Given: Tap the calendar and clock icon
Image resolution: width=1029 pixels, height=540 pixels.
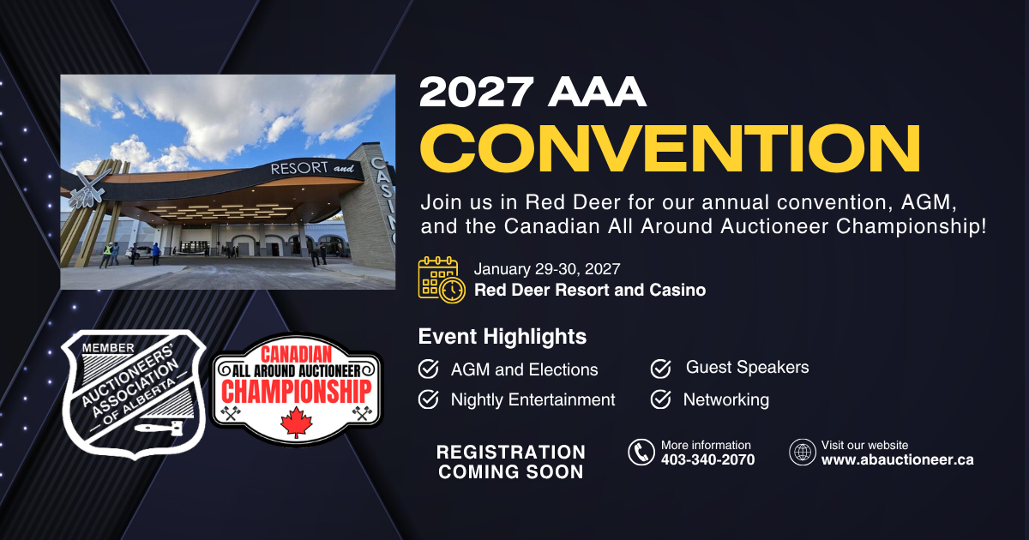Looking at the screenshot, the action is click(442, 279).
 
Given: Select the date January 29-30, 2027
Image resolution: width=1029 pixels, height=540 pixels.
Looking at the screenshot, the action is click(547, 269).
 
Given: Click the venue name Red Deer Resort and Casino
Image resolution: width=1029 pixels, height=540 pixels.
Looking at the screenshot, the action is click(590, 291).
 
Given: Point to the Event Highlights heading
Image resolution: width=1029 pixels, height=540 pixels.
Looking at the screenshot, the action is click(502, 337).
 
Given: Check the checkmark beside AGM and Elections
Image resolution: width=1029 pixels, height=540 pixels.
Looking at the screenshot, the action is click(429, 369).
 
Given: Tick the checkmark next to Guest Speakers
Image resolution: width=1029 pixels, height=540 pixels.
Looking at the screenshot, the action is click(661, 369).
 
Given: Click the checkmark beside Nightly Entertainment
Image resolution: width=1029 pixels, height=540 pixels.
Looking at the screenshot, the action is click(429, 399).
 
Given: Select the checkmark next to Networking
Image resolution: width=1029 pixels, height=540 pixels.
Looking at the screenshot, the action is click(661, 399).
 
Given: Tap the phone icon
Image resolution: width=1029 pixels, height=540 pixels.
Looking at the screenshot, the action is click(641, 453).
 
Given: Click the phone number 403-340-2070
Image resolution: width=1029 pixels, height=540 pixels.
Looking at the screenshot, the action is click(708, 459).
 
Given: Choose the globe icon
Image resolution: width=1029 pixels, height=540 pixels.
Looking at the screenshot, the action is click(803, 453).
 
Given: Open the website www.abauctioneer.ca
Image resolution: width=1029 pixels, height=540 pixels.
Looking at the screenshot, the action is click(897, 459).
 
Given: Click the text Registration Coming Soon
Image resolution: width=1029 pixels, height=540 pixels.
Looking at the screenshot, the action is click(511, 462).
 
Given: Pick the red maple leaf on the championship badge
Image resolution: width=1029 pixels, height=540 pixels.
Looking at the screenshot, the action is click(297, 423).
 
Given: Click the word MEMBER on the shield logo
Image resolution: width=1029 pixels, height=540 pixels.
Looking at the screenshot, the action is click(108, 348).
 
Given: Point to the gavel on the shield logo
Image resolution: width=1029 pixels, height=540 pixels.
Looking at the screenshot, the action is click(159, 428).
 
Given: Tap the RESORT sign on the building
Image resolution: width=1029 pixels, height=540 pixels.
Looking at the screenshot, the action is click(299, 169).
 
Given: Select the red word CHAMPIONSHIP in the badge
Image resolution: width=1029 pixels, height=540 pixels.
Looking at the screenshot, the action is click(297, 392).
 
